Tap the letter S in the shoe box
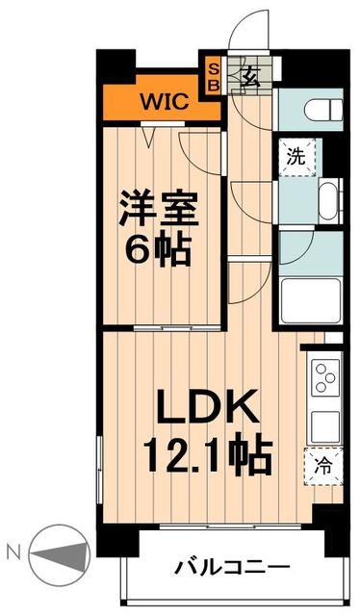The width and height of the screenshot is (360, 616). pos(215,69)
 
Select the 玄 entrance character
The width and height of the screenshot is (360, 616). pos(246,77)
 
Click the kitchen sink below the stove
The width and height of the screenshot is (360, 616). pos(321,420)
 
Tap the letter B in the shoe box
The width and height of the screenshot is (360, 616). pos(215,85)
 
